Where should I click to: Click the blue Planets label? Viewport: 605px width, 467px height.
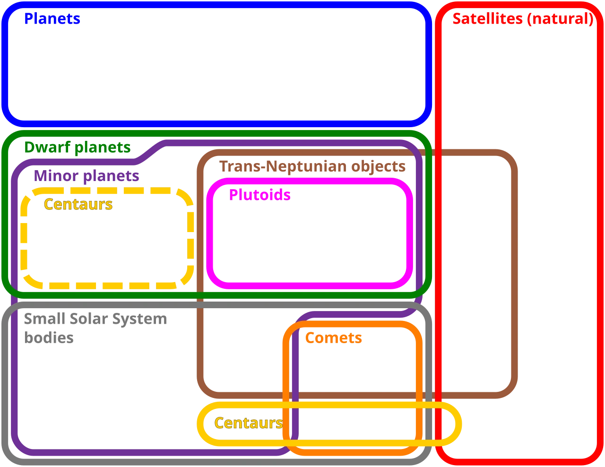[x=52, y=18]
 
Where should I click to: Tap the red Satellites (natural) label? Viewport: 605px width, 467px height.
[x=523, y=19]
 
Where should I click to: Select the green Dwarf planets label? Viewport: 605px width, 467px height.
[x=78, y=147]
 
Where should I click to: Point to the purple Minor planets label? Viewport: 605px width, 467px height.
[x=86, y=176]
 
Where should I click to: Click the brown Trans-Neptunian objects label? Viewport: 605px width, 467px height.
[x=312, y=167]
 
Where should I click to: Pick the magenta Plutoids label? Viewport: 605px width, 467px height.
[x=260, y=195]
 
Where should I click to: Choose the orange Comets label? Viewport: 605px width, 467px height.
[x=334, y=338]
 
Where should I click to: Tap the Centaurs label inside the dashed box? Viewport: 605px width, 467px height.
[x=78, y=204]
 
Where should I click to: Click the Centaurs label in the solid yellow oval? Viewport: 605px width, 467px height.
[x=249, y=423]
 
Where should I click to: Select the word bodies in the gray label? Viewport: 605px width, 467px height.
[x=49, y=337]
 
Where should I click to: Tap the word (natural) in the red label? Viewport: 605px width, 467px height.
[x=561, y=19]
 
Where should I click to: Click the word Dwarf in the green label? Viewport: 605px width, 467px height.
[x=47, y=147]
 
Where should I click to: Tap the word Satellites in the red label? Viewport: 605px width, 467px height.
[x=488, y=18]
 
